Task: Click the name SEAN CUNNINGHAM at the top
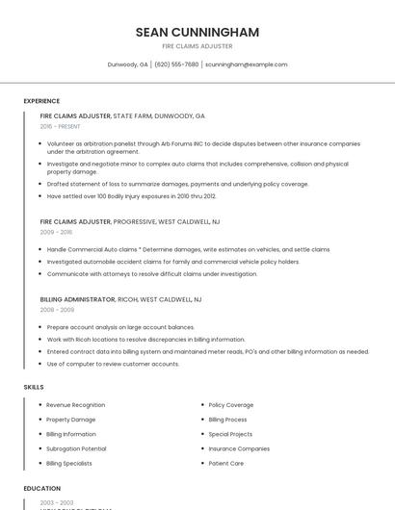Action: click(x=197, y=32)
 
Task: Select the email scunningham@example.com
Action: click(x=246, y=64)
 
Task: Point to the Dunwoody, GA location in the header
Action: click(x=127, y=64)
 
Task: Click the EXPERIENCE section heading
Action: click(x=41, y=101)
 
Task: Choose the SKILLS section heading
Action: click(x=34, y=387)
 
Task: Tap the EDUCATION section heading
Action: click(x=42, y=488)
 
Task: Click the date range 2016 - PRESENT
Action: click(x=61, y=126)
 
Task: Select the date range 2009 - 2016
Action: click(x=56, y=232)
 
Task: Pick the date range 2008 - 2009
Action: click(x=57, y=310)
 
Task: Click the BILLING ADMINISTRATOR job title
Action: click(x=77, y=299)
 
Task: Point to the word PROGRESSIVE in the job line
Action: click(x=134, y=221)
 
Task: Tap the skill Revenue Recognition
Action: click(x=76, y=405)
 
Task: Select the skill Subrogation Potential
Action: click(x=76, y=448)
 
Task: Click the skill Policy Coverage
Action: click(x=231, y=405)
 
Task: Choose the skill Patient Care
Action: click(x=226, y=463)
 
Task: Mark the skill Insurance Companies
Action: click(x=239, y=448)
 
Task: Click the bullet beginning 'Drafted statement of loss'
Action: click(x=178, y=184)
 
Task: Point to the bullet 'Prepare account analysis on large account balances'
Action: click(x=120, y=327)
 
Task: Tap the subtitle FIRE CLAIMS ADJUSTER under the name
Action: click(x=197, y=46)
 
